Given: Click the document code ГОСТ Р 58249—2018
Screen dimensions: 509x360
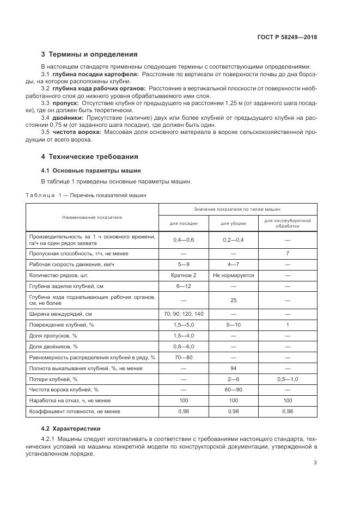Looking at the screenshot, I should pyautogui.click(x=287, y=38).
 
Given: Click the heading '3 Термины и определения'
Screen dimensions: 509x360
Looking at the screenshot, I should pyautogui.click(x=89, y=54).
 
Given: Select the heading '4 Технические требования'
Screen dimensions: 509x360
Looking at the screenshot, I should pyautogui.click(x=90, y=157).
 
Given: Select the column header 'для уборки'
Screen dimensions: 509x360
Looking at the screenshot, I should pyautogui.click(x=233, y=223).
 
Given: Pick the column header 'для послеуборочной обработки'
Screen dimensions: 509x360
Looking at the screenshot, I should pyautogui.click(x=287, y=223).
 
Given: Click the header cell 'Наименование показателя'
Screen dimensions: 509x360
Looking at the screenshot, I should pyautogui.click(x=92, y=217).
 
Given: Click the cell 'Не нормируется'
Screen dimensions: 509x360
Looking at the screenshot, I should pyautogui.click(x=233, y=275).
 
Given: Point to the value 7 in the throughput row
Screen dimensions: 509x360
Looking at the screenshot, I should pyautogui.click(x=287, y=253).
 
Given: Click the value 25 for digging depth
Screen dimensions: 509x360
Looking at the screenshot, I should pyautogui.click(x=233, y=300).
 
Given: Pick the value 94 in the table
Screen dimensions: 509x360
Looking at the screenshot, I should pyautogui.click(x=233, y=368).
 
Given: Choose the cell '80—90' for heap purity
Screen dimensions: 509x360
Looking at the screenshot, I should pyautogui.click(x=233, y=390).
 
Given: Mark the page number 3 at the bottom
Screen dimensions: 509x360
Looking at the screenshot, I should pyautogui.click(x=315, y=463).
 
